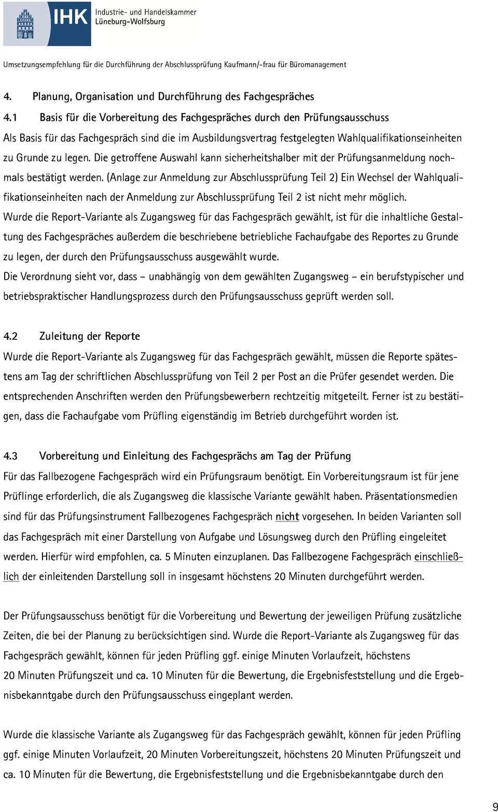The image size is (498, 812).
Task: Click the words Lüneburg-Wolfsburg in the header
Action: click(x=130, y=22)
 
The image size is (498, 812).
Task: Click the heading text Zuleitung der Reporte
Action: click(x=89, y=336)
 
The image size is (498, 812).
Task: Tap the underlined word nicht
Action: click(x=287, y=517)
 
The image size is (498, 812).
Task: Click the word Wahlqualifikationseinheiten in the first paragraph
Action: click(x=399, y=138)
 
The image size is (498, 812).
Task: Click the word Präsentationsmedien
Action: click(x=411, y=497)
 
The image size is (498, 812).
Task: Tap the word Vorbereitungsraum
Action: click(x=362, y=476)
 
